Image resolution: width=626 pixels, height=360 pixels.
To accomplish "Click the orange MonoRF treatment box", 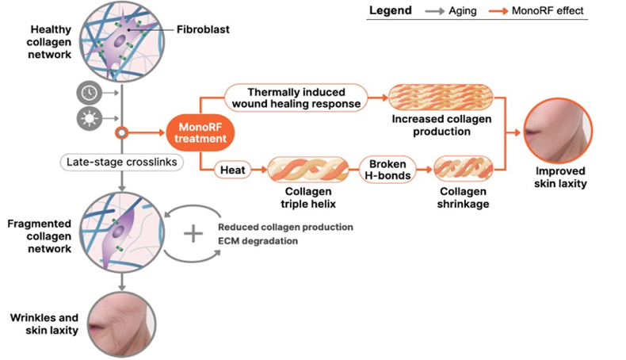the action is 200,133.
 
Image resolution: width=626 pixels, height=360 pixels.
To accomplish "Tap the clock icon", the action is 89,93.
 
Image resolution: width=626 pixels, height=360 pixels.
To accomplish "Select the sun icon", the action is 89,119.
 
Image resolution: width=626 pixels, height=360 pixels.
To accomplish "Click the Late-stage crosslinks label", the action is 122,163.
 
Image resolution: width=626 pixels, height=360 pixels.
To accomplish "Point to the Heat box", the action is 233,170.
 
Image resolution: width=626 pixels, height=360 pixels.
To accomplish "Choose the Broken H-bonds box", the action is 387,170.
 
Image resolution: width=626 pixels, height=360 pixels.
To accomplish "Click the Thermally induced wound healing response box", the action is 296,98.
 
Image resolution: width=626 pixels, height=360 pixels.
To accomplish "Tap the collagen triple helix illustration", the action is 308,170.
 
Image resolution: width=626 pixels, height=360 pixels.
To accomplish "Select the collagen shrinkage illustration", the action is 463,170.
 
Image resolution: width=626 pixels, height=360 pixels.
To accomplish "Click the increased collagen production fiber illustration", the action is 441,98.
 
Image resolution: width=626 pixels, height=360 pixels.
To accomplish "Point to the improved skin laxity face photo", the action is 558,131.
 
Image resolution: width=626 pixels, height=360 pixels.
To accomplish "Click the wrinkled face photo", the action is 122,324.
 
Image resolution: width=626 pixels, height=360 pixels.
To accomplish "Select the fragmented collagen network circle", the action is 122,232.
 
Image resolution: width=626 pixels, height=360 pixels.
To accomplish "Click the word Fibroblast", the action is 203,29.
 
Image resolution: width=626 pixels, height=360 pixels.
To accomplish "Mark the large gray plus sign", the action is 193,234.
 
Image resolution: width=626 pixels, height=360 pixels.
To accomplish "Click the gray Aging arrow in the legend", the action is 435,12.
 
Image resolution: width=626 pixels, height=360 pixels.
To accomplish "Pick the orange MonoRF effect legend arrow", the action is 498,12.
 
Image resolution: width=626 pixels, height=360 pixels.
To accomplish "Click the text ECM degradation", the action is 258,241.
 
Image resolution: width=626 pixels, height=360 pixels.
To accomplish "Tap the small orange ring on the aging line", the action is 121,132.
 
